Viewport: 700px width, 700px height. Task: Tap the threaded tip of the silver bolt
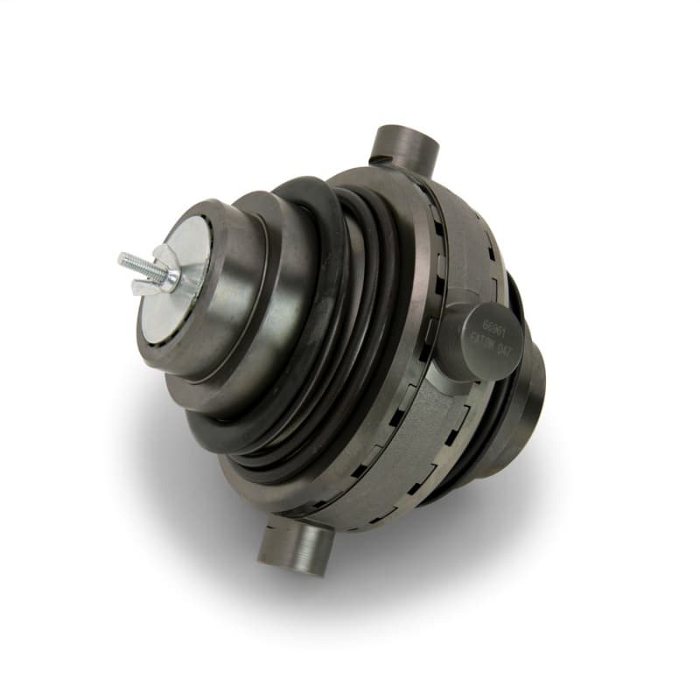[125, 258]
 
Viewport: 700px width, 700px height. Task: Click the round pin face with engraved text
[495, 338]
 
